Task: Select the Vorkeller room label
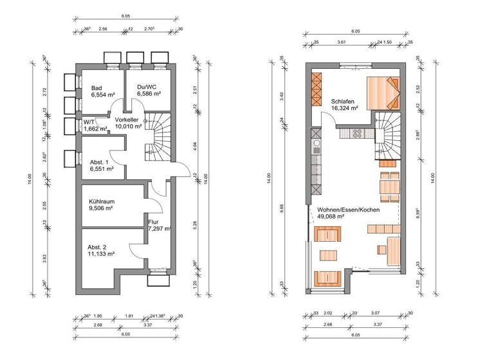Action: pyautogui.click(x=127, y=120)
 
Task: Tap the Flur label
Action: pyautogui.click(x=153, y=222)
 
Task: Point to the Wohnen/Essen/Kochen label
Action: pyautogui.click(x=347, y=210)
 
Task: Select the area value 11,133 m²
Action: pyautogui.click(x=102, y=254)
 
